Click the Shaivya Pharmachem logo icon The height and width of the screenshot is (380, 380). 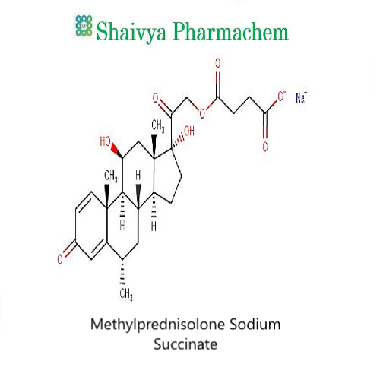[84, 26]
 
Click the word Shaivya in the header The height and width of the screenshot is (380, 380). [131, 32]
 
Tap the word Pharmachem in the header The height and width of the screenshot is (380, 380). [230, 31]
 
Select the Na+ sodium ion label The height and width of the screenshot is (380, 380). [301, 97]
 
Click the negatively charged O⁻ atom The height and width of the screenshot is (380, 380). [282, 97]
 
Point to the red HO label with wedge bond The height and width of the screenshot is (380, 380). [106, 141]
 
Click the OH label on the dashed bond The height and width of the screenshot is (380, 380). [189, 131]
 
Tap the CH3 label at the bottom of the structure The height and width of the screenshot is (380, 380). [126, 294]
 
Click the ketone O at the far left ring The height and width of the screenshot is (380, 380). [60, 259]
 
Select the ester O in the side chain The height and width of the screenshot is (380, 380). [202, 113]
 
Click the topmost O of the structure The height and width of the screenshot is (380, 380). [218, 63]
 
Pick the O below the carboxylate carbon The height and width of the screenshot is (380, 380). [265, 147]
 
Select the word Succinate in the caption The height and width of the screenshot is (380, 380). [185, 344]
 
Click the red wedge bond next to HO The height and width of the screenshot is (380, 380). [117, 150]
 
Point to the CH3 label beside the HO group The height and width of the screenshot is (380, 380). [111, 176]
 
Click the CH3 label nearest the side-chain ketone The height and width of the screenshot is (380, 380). [158, 126]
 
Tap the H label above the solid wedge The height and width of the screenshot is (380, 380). [138, 176]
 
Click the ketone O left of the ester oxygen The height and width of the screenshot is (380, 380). [156, 98]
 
